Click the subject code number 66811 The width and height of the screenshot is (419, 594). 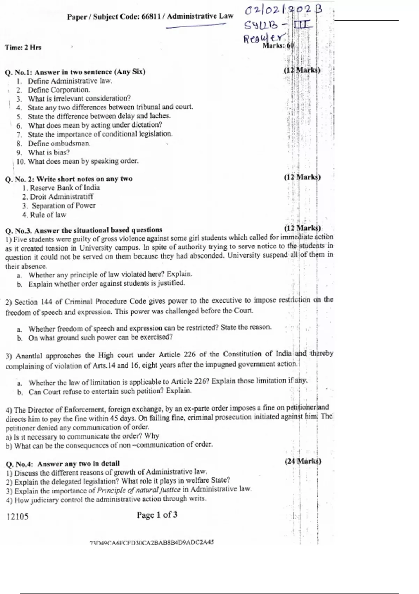[x=150, y=17]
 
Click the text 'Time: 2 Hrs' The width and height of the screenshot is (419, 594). [x=23, y=47]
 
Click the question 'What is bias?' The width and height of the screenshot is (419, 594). [x=49, y=152]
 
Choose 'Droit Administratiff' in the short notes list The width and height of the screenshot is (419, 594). [x=61, y=197]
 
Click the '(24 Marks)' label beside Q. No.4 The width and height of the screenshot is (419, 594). [x=303, y=461]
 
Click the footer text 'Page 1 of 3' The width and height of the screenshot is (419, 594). [x=157, y=515]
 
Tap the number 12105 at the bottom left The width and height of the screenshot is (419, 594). [x=17, y=516]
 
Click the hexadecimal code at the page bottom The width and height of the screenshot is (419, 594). [x=152, y=543]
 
